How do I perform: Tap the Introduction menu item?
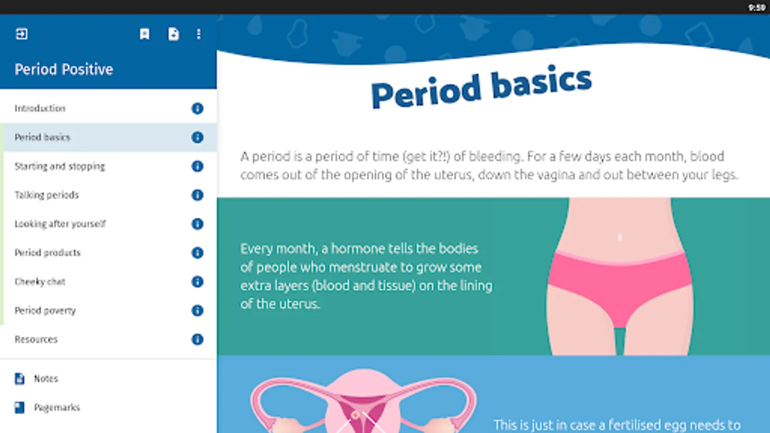pyautogui.click(x=40, y=108)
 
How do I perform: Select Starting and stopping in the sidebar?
pyautogui.click(x=60, y=166)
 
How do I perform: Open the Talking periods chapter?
pyautogui.click(x=47, y=195)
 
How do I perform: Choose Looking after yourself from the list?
pyautogui.click(x=60, y=224)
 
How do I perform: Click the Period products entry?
pyautogui.click(x=48, y=253)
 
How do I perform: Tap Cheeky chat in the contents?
pyautogui.click(x=40, y=282)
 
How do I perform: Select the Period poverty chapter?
pyautogui.click(x=45, y=311)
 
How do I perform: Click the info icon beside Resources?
pyautogui.click(x=197, y=340)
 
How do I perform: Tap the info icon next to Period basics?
pyautogui.click(x=197, y=138)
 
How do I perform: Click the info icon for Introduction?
pyautogui.click(x=197, y=109)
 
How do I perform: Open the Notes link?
pyautogui.click(x=46, y=379)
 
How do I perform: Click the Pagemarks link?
pyautogui.click(x=57, y=408)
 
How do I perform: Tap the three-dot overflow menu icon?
pyautogui.click(x=199, y=34)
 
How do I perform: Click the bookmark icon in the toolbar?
pyautogui.click(x=145, y=34)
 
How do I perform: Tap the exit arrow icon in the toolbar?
pyautogui.click(x=22, y=34)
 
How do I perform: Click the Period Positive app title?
pyautogui.click(x=64, y=69)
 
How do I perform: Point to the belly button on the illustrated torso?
pyautogui.click(x=620, y=237)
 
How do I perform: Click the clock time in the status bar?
pyautogui.click(x=757, y=8)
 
